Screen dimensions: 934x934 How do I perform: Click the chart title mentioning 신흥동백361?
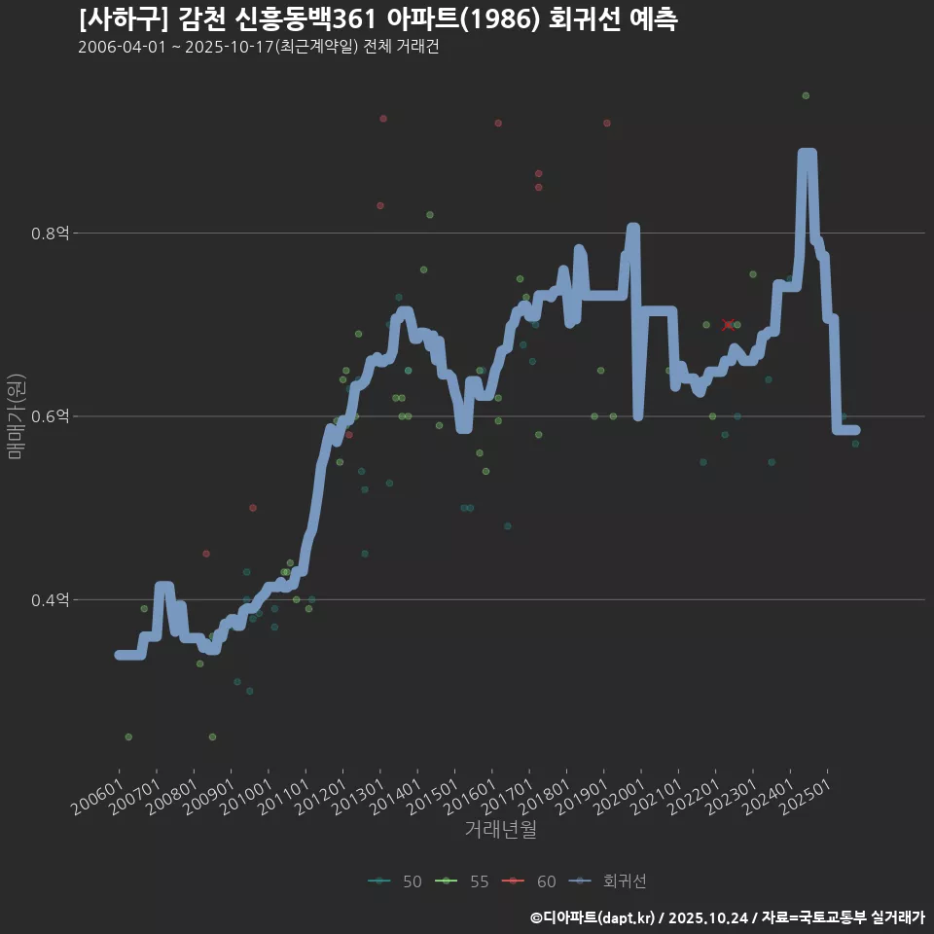[377, 18]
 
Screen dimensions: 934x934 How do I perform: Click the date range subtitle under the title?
[258, 48]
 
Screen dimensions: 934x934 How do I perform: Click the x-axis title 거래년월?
[500, 829]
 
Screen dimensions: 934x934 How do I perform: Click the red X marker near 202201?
[729, 325]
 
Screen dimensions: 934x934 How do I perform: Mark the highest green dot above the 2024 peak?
[806, 95]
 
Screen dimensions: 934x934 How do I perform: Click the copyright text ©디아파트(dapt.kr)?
[594, 917]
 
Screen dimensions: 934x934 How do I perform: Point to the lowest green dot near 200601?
[128, 736]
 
